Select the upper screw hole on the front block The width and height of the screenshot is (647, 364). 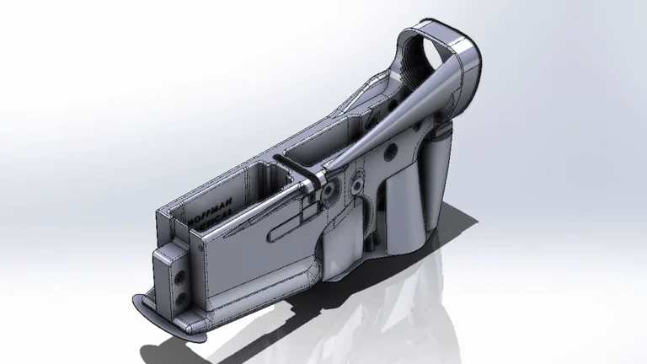coord(179,275)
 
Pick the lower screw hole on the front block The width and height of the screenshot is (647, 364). coord(180,296)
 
